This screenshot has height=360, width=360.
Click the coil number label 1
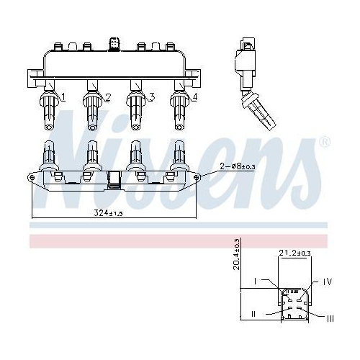pyautogui.click(x=63, y=97)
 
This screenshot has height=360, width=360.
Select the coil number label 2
pyautogui.click(x=108, y=97)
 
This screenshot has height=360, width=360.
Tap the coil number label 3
pyautogui.click(x=151, y=97)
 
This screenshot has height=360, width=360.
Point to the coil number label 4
pyautogui.click(x=195, y=97)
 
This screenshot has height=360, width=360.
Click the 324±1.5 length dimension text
pyautogui.click(x=108, y=213)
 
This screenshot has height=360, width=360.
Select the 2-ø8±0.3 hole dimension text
pyautogui.click(x=238, y=166)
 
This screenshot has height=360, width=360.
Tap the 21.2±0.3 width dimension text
pyautogui.click(x=294, y=253)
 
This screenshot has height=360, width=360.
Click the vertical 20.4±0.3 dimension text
pyautogui.click(x=237, y=254)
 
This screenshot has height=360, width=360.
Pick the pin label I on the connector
pyautogui.click(x=255, y=282)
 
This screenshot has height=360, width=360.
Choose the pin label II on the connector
pyautogui.click(x=253, y=314)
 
